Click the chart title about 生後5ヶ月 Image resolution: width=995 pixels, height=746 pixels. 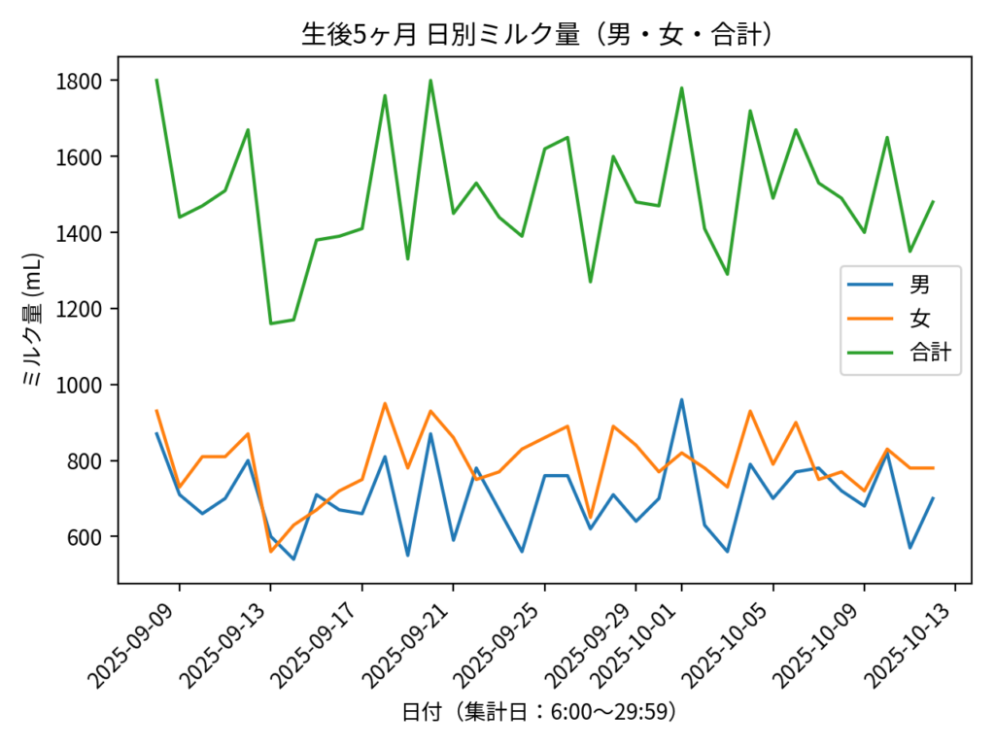coord(537,35)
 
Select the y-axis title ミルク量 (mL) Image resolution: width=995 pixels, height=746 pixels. coord(33,321)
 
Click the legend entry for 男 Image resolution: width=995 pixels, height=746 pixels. coord(918,285)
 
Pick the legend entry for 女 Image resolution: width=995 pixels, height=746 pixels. coord(918,320)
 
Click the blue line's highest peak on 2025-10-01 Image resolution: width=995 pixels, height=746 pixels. coord(681,399)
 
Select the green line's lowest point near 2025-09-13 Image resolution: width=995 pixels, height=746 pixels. coord(271,323)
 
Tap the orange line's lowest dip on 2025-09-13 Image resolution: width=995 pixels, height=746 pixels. coord(271,552)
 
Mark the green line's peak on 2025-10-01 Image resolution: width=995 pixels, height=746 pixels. coord(681,87)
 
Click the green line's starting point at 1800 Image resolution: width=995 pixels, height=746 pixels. coord(156,80)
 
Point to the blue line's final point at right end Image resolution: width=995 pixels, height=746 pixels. coord(933,498)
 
